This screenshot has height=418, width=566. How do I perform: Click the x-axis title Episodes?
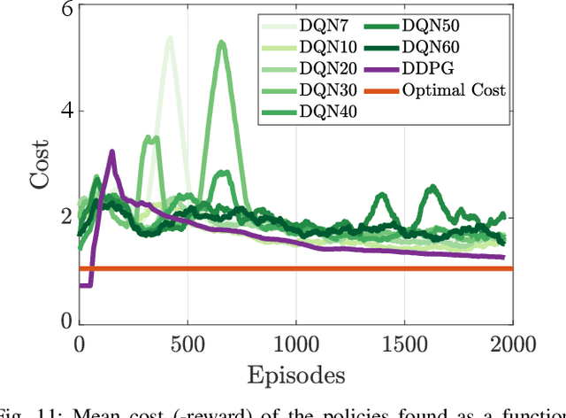(296, 375)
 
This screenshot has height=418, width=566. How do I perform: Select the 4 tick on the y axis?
(65, 112)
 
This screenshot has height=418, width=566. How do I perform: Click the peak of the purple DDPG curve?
(111, 152)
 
